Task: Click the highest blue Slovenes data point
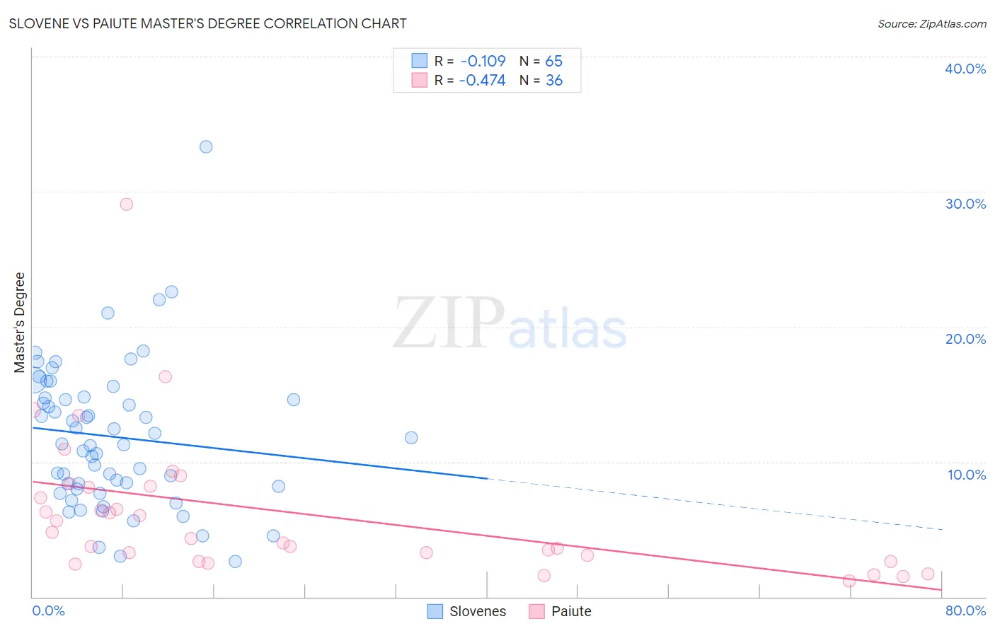tap(206, 147)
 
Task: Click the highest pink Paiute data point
tap(127, 204)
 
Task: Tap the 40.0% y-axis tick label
tap(965, 69)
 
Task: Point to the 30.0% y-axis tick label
tap(965, 204)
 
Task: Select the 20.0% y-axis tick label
tap(965, 339)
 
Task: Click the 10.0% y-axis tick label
tap(966, 475)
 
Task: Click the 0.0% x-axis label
tap(48, 611)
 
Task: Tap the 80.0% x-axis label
tap(965, 611)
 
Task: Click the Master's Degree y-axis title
tap(20, 323)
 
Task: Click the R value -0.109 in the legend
tap(483, 62)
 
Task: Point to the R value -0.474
tap(482, 81)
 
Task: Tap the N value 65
tap(553, 62)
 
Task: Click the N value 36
tap(553, 81)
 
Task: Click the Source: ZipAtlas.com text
tap(931, 24)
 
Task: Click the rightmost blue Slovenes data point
tap(411, 438)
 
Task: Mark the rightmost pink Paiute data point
tap(928, 574)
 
